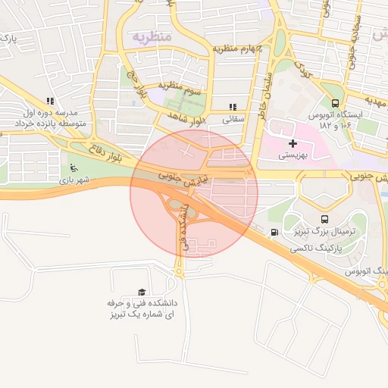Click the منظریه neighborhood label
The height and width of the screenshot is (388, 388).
click(153, 36)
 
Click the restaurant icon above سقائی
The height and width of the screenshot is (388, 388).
click(233, 107)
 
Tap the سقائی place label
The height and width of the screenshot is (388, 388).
click(232, 119)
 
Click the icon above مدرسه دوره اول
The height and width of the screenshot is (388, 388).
click(50, 101)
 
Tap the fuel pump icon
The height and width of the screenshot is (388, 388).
click(274, 233)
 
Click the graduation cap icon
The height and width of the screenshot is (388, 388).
click(142, 292)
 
